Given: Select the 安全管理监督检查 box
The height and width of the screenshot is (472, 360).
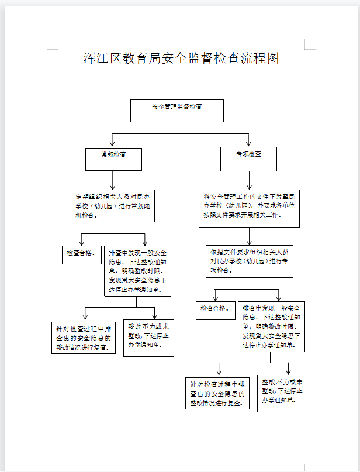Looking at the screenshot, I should (177, 110).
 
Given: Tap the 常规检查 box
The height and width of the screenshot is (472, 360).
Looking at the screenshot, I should (113, 159).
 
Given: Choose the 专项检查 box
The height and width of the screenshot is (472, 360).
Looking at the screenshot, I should (248, 159).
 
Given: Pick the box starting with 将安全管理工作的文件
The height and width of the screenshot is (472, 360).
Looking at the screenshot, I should (249, 207).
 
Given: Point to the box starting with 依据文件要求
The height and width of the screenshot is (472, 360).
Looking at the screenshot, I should (250, 261).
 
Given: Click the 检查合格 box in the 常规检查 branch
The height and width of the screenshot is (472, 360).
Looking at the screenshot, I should (81, 254).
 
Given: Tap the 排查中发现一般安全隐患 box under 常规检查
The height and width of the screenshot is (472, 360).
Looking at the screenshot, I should (138, 271).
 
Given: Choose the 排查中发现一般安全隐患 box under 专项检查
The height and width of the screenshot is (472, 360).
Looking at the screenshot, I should (272, 326).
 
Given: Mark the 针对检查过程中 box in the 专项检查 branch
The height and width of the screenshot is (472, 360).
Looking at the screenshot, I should (217, 393).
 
